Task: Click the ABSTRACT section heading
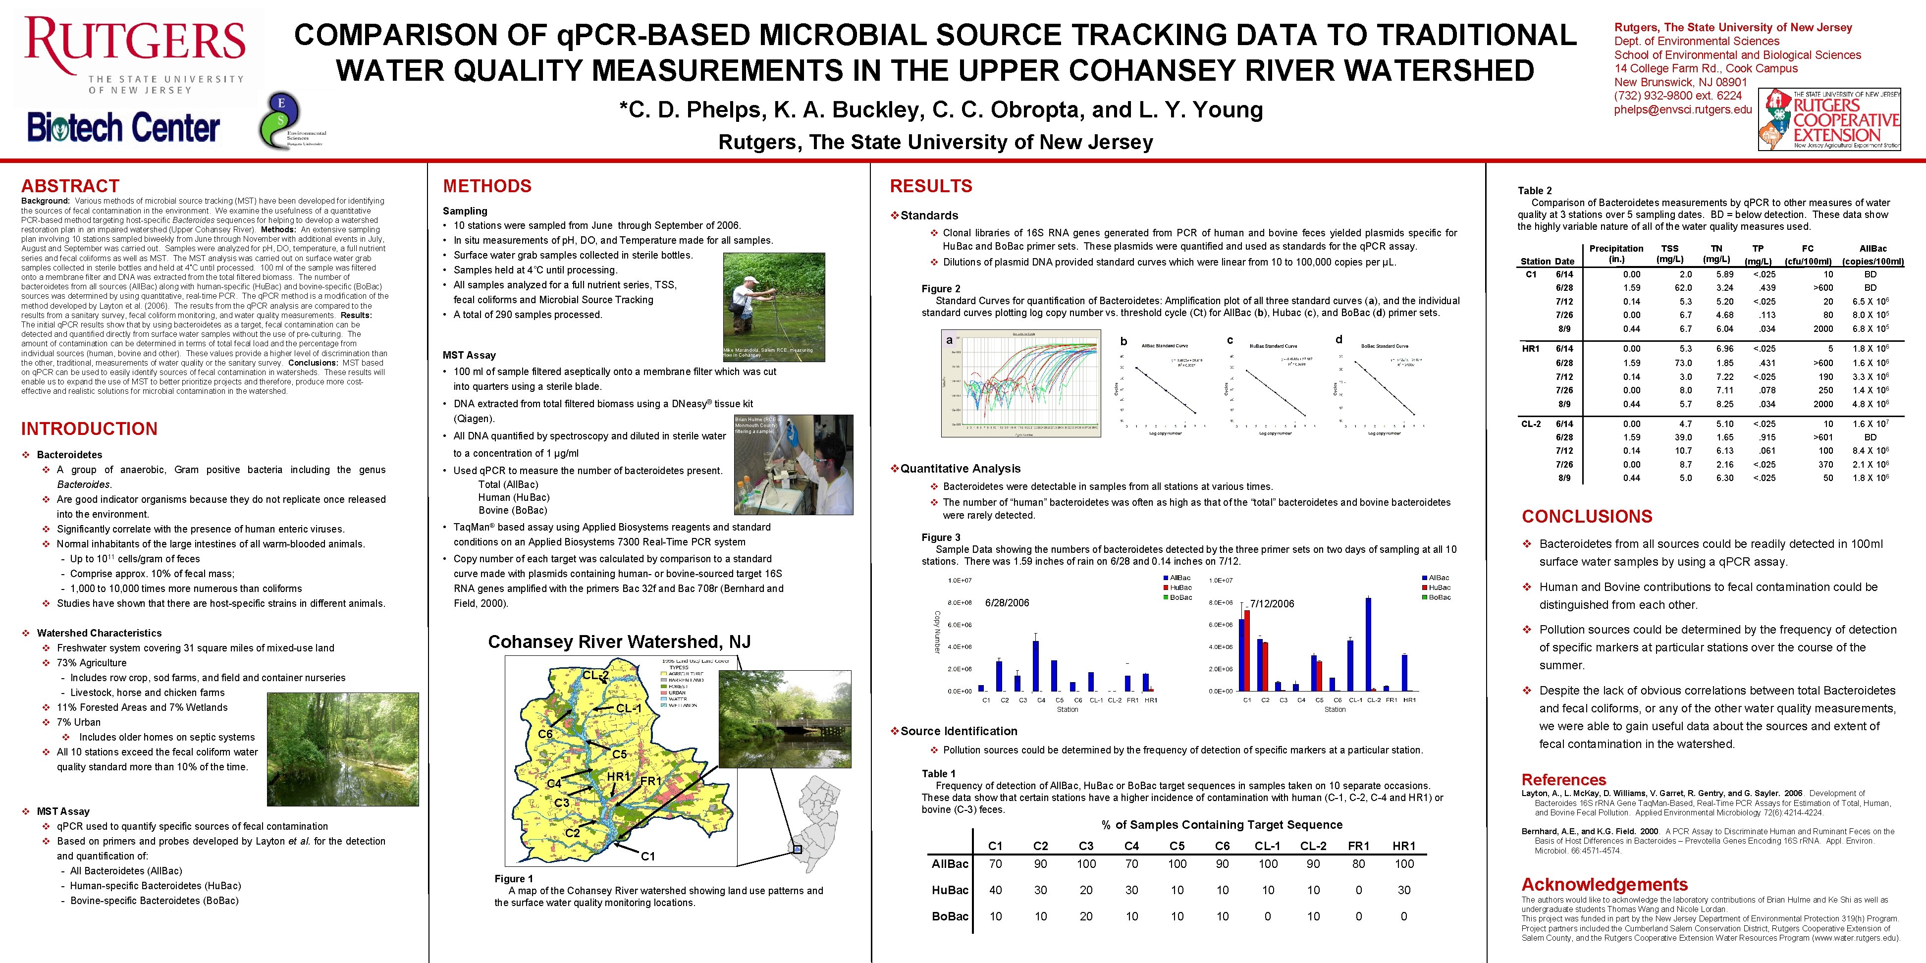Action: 70,186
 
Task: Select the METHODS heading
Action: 487,186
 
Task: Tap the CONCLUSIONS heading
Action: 1587,517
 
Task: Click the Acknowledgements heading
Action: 1605,885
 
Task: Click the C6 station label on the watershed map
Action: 545,734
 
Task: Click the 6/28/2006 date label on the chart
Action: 1007,603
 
